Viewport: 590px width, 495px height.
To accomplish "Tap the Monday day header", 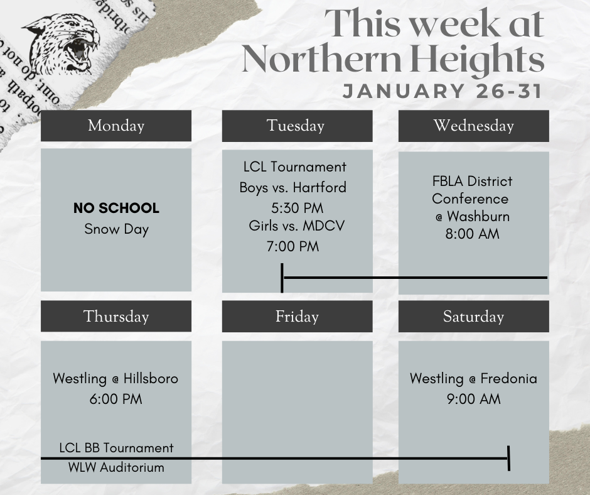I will (x=116, y=126).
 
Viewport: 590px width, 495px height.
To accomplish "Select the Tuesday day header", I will (x=296, y=126).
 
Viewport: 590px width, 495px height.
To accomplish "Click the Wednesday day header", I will (x=473, y=126).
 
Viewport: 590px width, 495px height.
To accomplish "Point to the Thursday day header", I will (x=116, y=316).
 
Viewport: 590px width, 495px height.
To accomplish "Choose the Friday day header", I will (x=296, y=316).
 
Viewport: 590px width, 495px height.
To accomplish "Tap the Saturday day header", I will (x=473, y=316).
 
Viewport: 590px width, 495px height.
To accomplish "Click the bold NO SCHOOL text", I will (x=116, y=208).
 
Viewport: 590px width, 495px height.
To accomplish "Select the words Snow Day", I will (x=116, y=229).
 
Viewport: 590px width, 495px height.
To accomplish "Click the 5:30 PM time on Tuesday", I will (x=294, y=207).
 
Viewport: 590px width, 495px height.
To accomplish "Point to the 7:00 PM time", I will (x=292, y=246).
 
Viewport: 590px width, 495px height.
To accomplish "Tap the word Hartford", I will (x=319, y=187).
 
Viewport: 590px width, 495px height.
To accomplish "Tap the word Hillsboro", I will (x=151, y=379).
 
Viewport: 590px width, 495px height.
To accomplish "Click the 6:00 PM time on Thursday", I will (x=116, y=399).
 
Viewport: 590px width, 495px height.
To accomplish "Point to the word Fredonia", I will (x=509, y=379).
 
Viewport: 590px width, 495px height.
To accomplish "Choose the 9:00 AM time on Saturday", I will (x=473, y=399).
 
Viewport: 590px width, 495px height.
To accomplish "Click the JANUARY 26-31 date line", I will (x=442, y=91).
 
